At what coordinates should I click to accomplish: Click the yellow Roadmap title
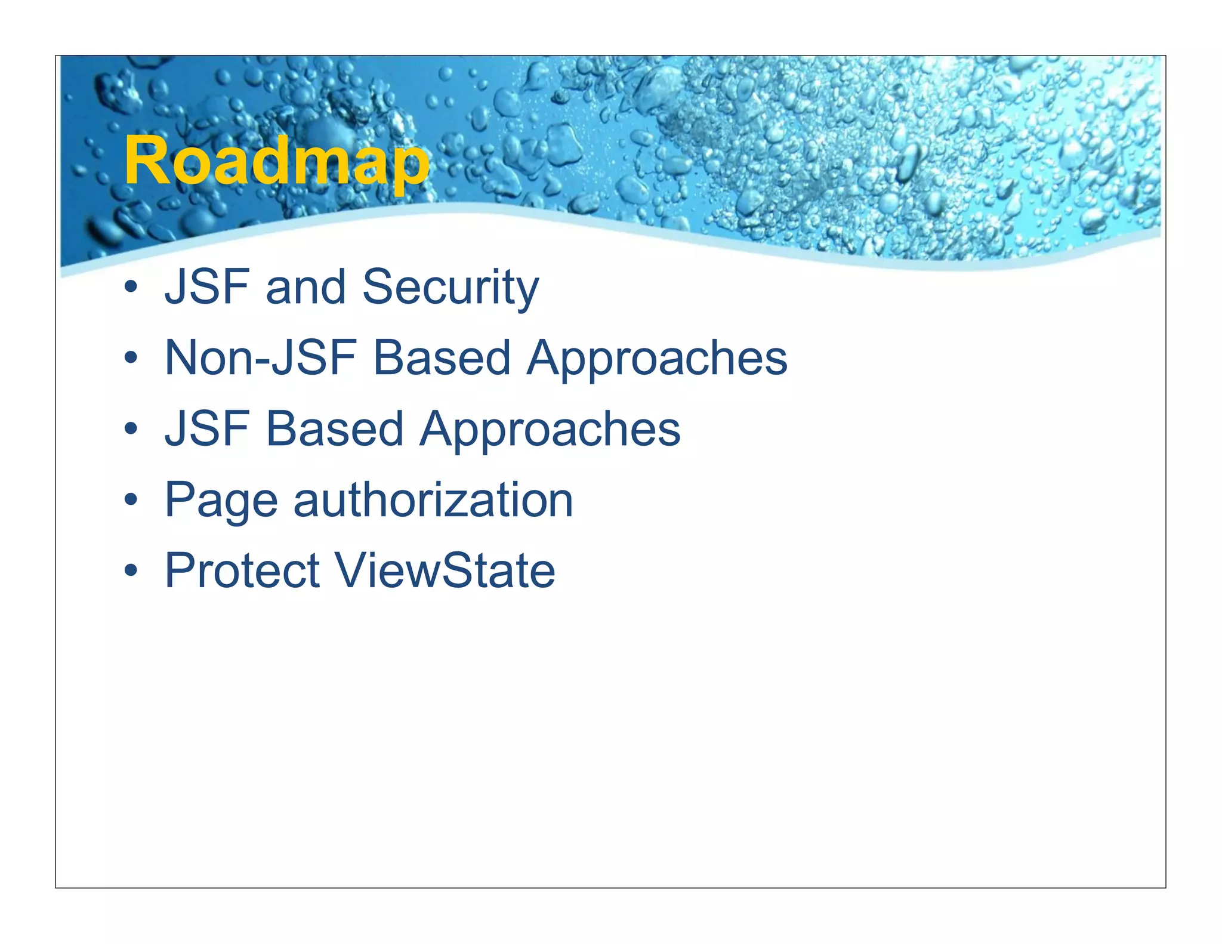(x=276, y=161)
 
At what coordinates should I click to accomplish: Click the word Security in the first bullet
(x=450, y=288)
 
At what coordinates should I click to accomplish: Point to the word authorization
(x=433, y=500)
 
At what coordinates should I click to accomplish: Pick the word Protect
(x=242, y=570)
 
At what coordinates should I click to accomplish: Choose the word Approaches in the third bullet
(x=550, y=430)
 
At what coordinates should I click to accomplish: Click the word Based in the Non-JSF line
(x=442, y=358)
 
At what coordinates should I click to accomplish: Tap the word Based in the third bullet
(x=334, y=429)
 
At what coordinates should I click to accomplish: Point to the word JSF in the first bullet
(x=206, y=288)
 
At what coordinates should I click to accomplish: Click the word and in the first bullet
(x=305, y=288)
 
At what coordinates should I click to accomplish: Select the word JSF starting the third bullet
(x=206, y=429)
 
